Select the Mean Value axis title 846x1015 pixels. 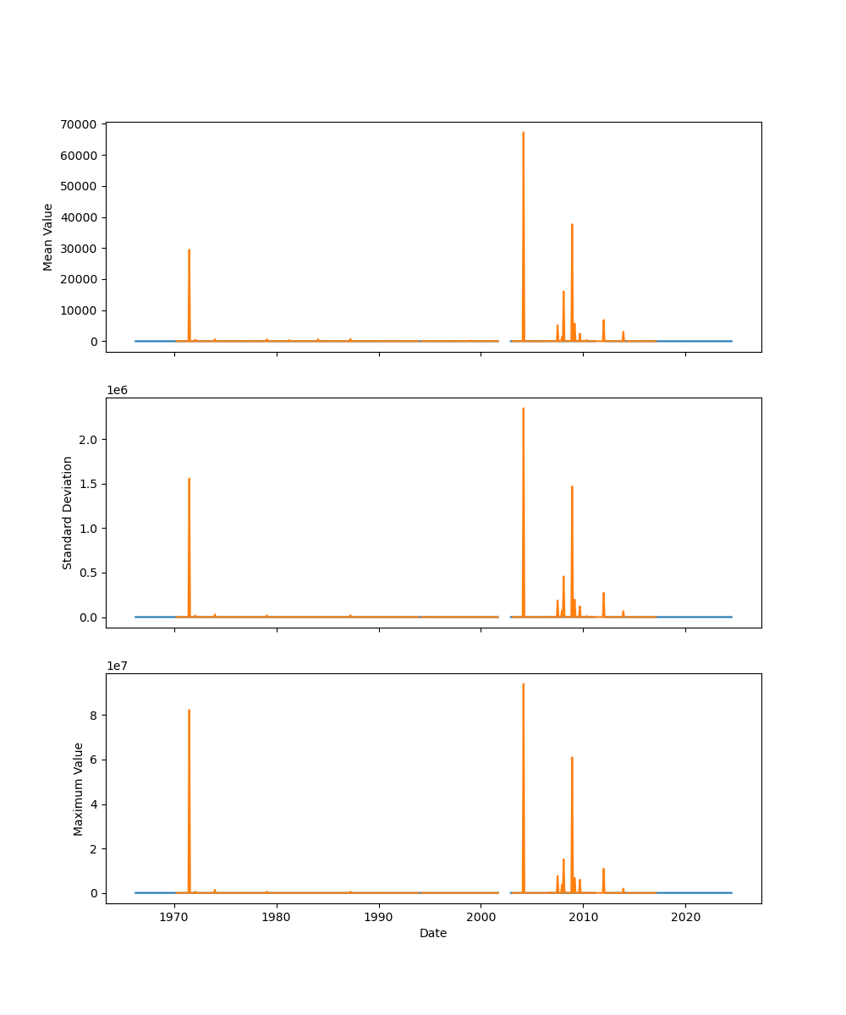[48, 237]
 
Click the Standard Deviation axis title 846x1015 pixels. [68, 513]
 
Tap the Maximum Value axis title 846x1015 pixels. [79, 788]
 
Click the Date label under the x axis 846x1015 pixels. [433, 934]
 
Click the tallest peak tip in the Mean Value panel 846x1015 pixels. [523, 132]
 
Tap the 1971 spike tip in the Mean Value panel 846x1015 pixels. [189, 250]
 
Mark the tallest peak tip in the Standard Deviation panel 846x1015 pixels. [523, 408]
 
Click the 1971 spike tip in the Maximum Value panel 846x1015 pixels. [189, 710]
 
